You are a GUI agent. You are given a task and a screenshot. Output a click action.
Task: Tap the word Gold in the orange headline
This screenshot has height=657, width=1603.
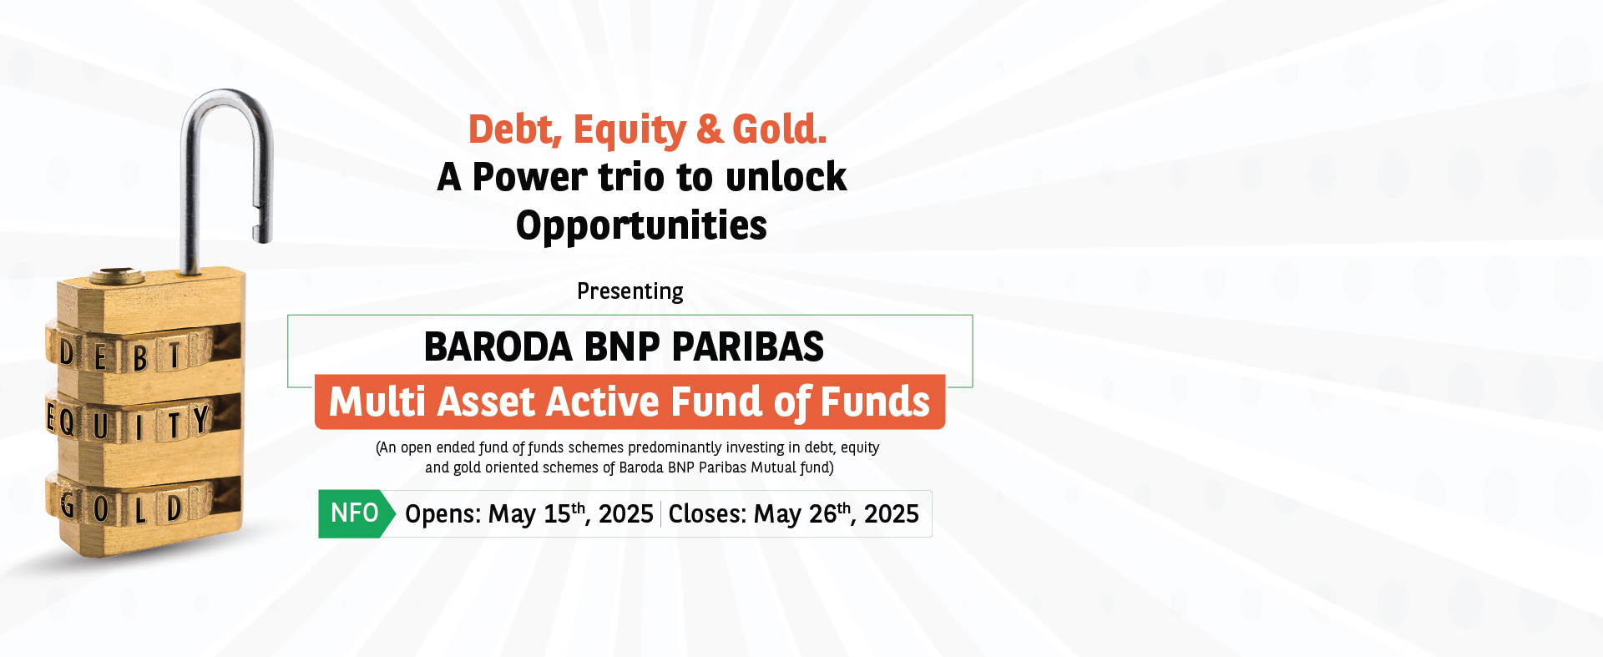pos(779,129)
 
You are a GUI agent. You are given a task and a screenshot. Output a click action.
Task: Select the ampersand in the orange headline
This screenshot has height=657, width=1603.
pos(710,129)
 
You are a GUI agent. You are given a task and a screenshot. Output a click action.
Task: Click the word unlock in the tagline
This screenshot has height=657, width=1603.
pos(786,176)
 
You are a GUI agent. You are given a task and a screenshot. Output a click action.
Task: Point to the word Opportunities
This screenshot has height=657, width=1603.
pos(641,226)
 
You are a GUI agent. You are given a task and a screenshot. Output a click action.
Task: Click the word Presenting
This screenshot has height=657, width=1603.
pos(630,291)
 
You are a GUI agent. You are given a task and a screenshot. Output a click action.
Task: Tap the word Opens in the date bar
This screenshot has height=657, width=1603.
pos(442,514)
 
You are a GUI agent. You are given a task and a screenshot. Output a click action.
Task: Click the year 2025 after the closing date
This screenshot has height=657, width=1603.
pos(891,514)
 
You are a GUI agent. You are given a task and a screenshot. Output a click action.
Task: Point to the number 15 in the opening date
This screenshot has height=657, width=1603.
pos(557,514)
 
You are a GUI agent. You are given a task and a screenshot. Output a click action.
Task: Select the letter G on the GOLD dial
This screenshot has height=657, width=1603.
pos(68,504)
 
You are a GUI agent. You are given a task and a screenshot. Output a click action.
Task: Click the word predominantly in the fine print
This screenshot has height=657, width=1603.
pos(675,448)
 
